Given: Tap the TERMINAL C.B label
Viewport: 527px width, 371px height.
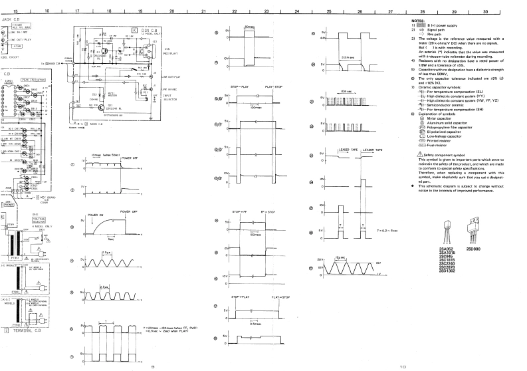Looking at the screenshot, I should click(27, 329).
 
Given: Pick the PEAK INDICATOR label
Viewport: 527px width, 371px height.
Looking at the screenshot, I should click(33, 79).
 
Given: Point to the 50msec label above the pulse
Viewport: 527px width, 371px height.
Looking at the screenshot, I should click(250, 26).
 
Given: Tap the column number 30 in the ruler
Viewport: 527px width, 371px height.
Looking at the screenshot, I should click(485, 12).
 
